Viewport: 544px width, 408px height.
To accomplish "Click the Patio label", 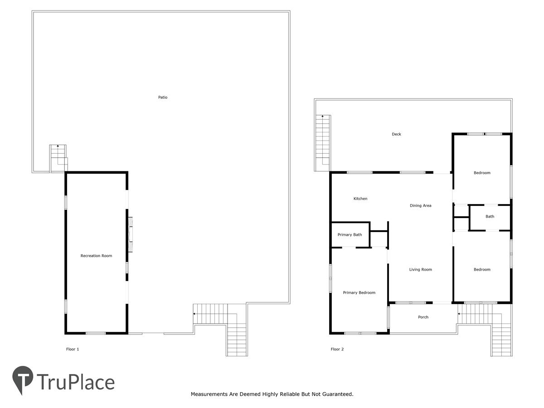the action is coord(163,97).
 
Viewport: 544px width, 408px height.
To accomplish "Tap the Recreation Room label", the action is coord(96,256).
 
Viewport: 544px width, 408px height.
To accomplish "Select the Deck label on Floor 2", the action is coord(396,134).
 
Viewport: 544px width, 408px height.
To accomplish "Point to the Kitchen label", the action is coord(360,199).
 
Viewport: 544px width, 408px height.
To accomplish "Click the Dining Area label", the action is coord(420,205).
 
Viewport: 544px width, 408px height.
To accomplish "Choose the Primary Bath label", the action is coord(350,234).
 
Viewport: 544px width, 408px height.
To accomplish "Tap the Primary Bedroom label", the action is coord(359,292).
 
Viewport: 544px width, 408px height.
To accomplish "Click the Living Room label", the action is coord(420,269).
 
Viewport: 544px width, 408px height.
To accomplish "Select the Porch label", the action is coord(423,317).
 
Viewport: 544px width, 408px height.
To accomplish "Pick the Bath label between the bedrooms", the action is coord(490,216).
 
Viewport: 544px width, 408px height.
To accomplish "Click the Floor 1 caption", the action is coord(73,349).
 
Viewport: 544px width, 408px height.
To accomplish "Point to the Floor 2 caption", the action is coord(337,349).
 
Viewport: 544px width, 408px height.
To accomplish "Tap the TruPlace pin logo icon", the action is coord(22,379).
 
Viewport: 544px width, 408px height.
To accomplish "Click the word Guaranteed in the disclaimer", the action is coord(338,394).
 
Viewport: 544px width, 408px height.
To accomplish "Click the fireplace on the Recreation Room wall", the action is coord(131,234).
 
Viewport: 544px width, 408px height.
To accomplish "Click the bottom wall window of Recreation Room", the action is coord(96,333).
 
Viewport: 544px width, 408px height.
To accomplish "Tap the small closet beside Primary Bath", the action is coord(379,239).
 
